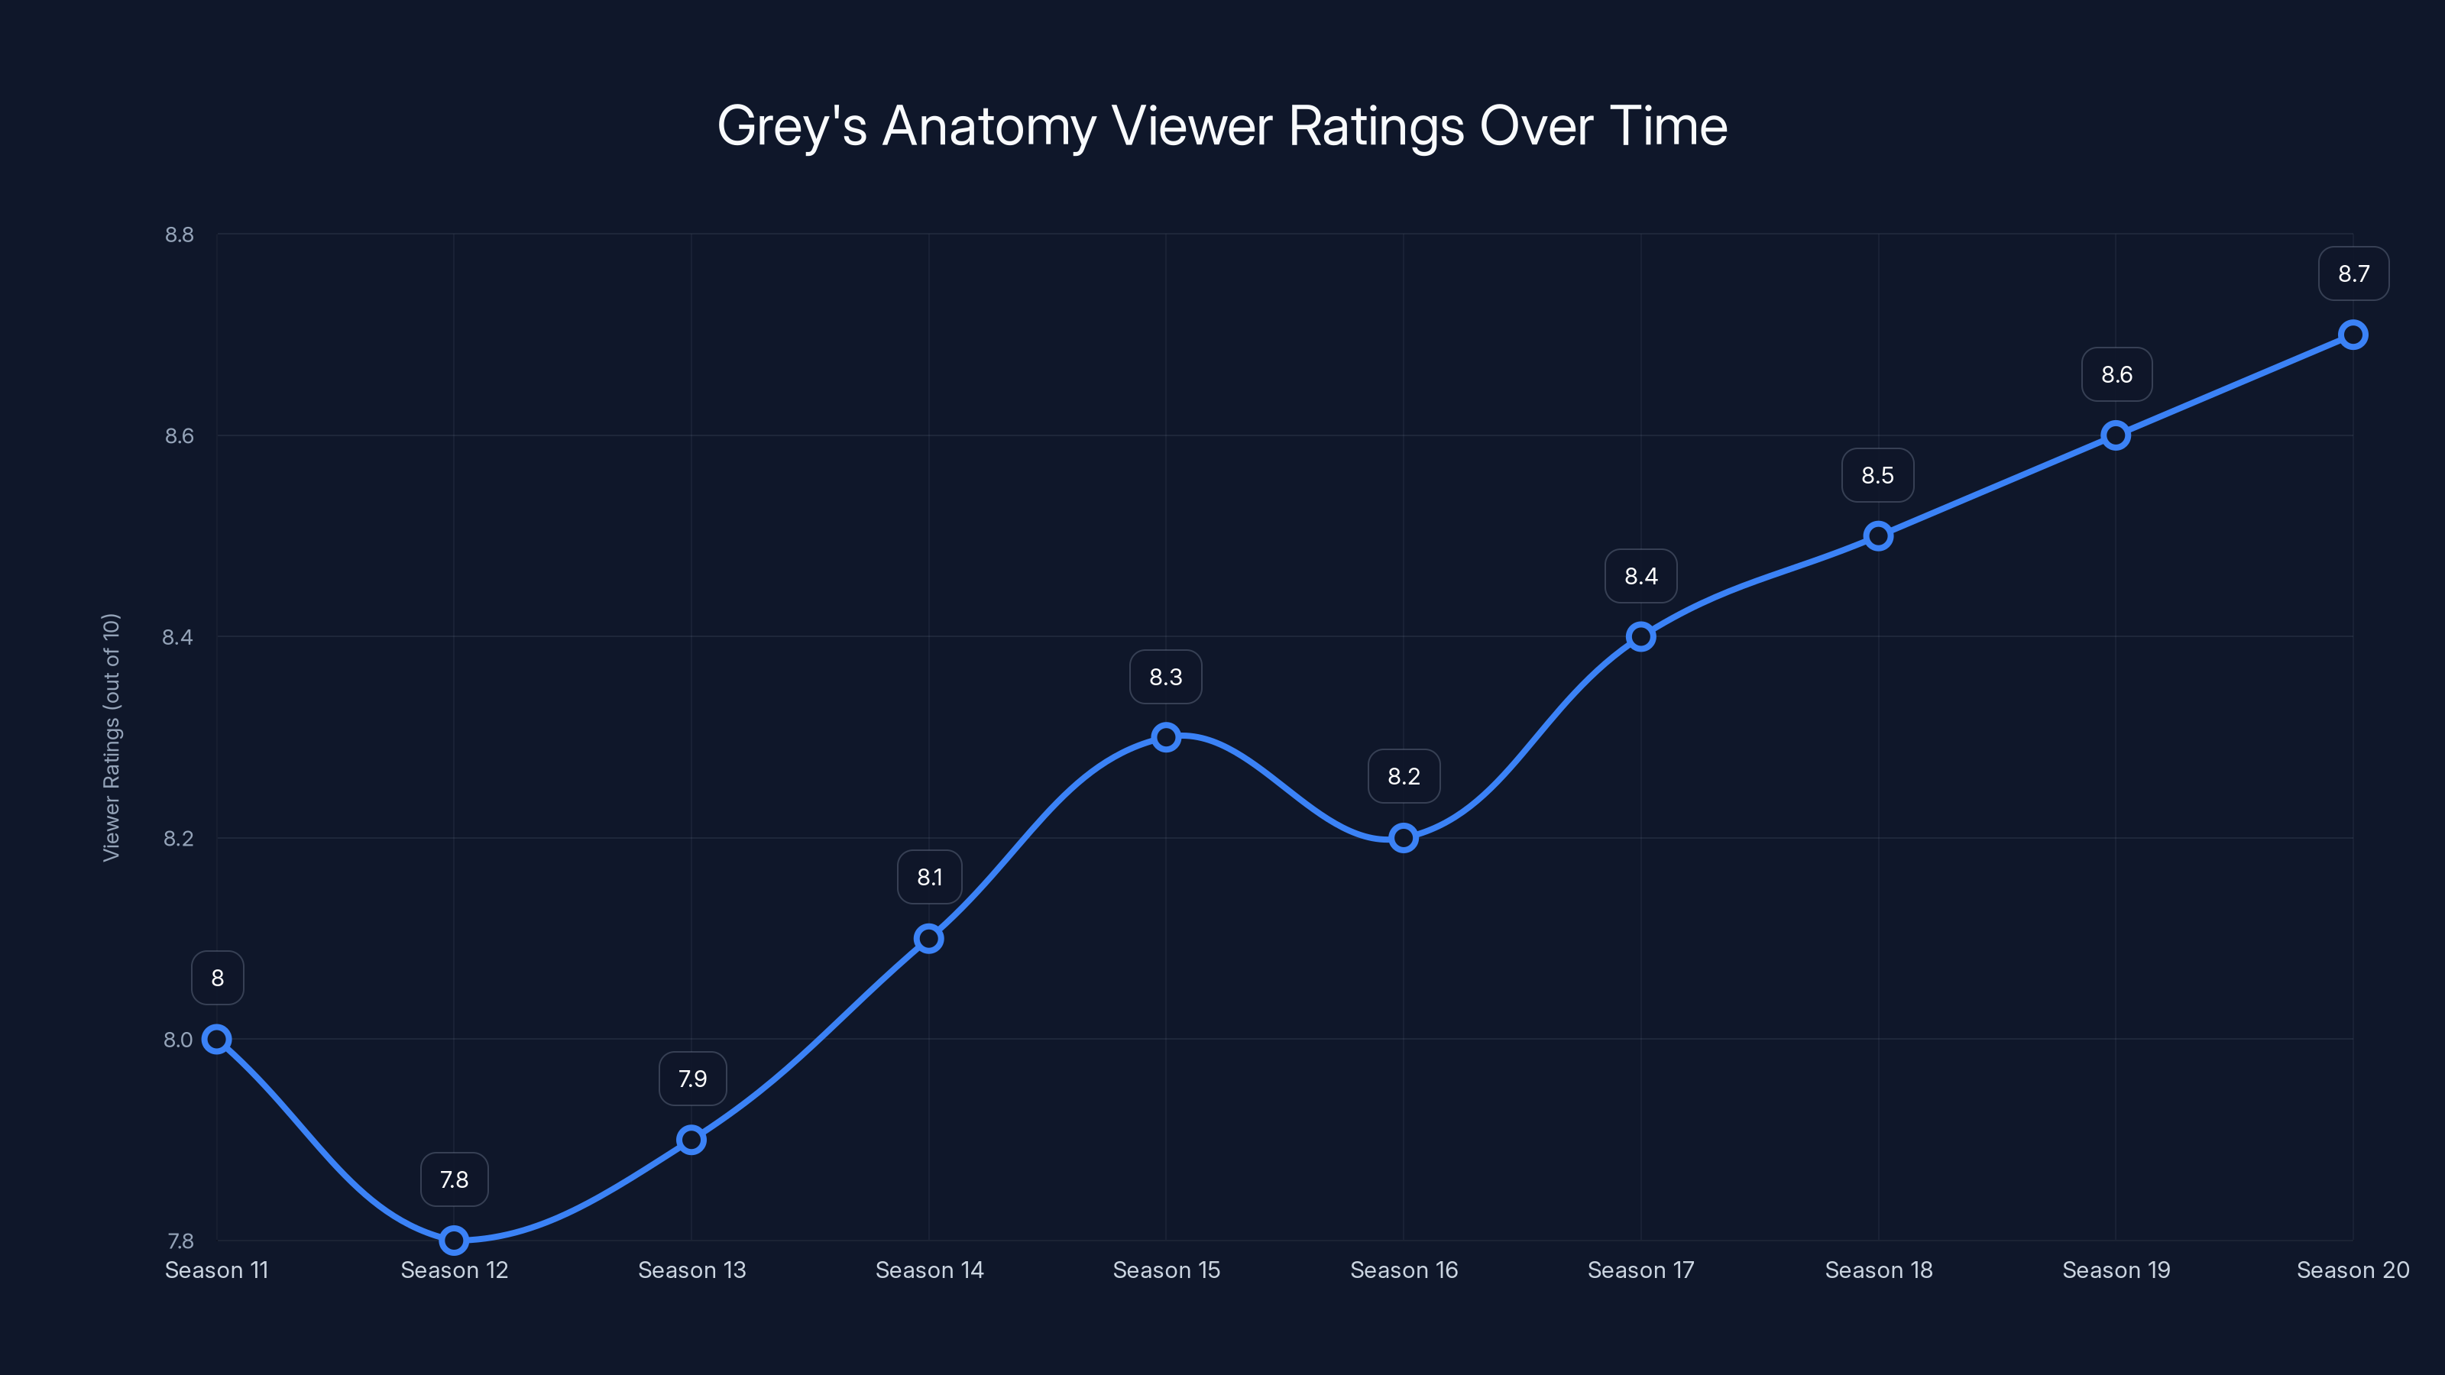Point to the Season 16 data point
1403,837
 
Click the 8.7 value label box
2353,273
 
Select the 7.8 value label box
454,1179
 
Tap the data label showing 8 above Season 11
217,978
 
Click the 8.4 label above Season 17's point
1640,576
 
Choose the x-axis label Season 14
929,1270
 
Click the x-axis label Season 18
1878,1270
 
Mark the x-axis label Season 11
216,1270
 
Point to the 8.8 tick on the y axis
179,235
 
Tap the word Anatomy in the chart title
988,126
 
